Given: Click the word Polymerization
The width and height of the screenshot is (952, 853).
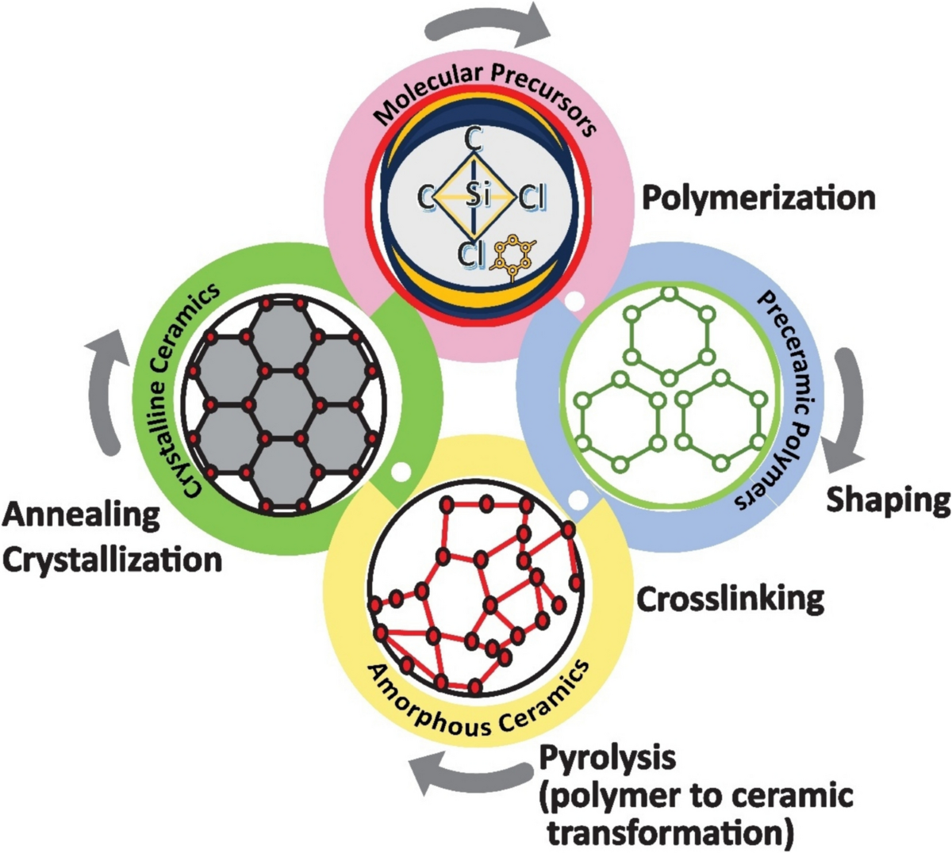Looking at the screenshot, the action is [758, 197].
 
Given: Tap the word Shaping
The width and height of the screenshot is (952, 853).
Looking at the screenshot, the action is [888, 499].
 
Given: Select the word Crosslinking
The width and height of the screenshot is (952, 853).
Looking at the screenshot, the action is [730, 599].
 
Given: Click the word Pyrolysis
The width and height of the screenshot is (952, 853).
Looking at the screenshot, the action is [607, 758].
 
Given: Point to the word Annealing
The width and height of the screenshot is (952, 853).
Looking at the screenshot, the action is [81, 515].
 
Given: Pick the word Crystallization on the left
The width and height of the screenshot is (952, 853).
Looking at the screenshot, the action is [112, 560].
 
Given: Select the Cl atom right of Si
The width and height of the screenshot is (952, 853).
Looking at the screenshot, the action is [531, 197].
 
